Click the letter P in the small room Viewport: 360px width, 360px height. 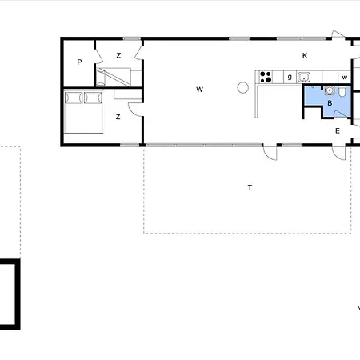coord(79,62)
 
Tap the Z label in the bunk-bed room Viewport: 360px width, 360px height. coord(118,55)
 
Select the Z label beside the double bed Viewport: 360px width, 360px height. coord(118,117)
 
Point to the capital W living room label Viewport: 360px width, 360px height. coord(199,90)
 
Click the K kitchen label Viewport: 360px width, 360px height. coord(305,55)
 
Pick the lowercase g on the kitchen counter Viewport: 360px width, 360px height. coord(290,77)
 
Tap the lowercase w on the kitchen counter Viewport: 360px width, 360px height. coord(345,78)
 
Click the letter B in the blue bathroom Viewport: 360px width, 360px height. coord(330,103)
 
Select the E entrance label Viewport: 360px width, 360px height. coord(338,131)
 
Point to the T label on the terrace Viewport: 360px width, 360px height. coord(250,188)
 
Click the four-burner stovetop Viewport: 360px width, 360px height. coord(266,77)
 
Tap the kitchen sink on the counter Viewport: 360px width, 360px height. coord(304,77)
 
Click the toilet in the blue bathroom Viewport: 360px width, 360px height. coord(342,91)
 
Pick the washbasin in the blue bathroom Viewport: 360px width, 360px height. coord(330,90)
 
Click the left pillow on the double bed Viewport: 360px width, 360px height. coord(74,98)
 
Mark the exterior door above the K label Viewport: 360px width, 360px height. coord(338,34)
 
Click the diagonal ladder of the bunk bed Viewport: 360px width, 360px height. coord(114,78)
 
